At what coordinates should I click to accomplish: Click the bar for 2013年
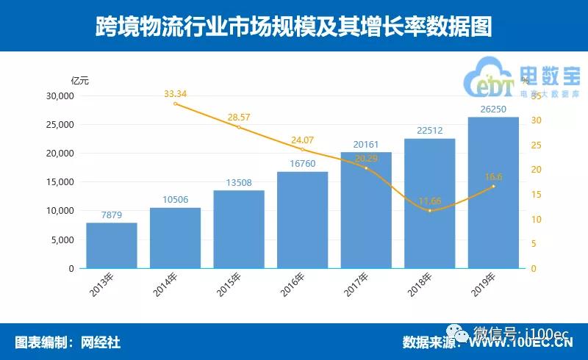[112, 245]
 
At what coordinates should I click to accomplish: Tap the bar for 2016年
[302, 220]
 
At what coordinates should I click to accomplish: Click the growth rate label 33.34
[175, 93]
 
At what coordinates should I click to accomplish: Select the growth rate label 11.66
[430, 200]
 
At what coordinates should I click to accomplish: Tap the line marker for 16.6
[493, 186]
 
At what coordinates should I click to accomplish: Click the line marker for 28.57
[239, 127]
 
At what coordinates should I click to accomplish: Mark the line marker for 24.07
[302, 149]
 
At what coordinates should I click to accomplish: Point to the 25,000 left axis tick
[60, 125]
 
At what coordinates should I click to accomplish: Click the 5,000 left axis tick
[62, 240]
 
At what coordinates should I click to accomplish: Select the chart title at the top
[293, 26]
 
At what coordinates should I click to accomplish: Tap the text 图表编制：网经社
[68, 342]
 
